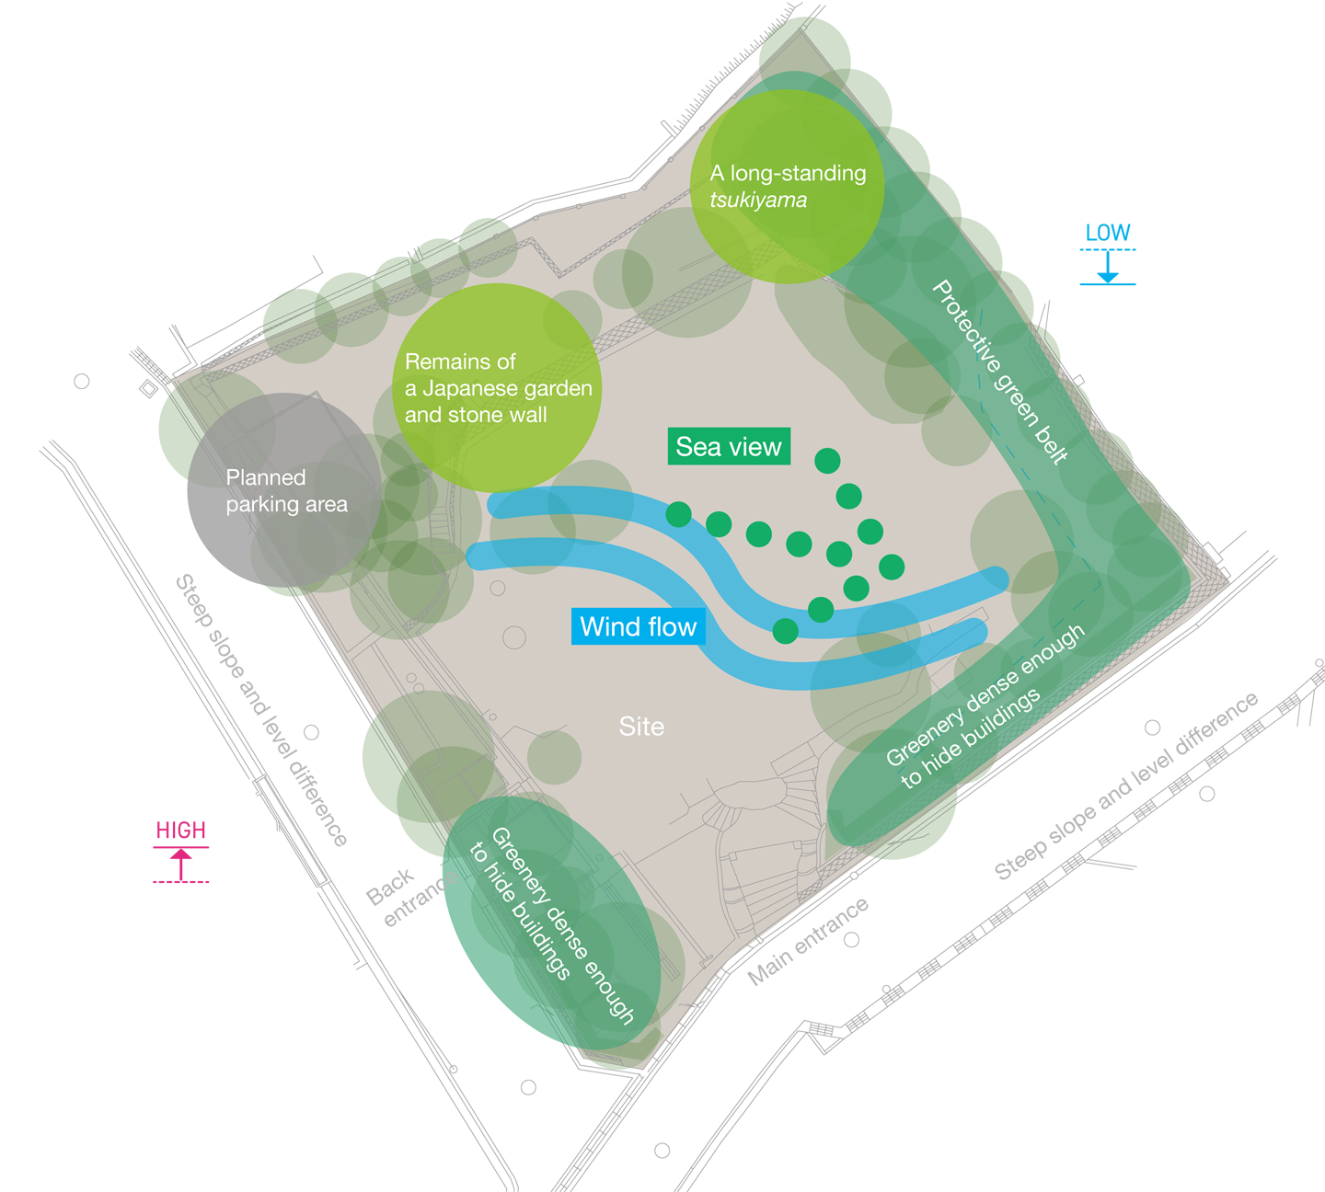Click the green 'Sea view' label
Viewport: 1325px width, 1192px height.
coord(728,447)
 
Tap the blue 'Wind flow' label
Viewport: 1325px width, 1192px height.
coord(638,627)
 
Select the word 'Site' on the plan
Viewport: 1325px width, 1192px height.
coord(641,727)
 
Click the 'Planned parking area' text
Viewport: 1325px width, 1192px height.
coord(286,491)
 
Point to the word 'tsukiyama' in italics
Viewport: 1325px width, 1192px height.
coord(758,201)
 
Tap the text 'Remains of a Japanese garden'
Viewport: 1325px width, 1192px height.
coord(498,375)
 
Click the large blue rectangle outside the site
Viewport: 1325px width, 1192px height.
coord(1201,331)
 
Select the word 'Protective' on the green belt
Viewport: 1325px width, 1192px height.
coord(966,327)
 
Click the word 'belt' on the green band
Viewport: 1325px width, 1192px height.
coord(1053,447)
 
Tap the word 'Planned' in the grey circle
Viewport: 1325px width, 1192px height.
coord(266,477)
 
